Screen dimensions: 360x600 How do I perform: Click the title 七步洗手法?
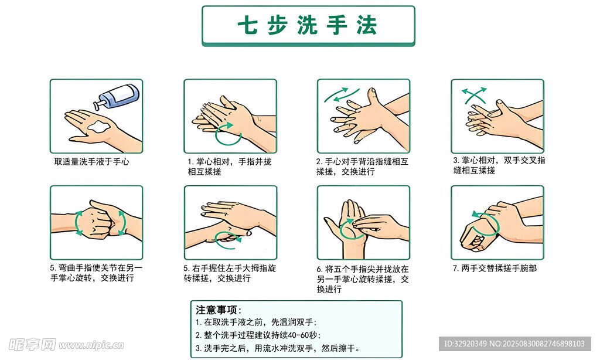(308, 26)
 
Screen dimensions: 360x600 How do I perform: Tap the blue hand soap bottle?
(120, 96)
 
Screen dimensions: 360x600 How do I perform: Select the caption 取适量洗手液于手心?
(91, 161)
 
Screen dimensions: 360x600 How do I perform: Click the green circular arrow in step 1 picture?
(229, 134)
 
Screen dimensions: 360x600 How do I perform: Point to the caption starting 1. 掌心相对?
(229, 166)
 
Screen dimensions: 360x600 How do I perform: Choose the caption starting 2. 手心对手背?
(362, 166)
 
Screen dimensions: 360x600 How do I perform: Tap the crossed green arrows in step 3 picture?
(474, 94)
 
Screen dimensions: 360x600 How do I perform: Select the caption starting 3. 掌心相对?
(499, 165)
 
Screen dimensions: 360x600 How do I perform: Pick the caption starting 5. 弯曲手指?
(96, 273)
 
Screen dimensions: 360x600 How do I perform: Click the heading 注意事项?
(218, 310)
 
